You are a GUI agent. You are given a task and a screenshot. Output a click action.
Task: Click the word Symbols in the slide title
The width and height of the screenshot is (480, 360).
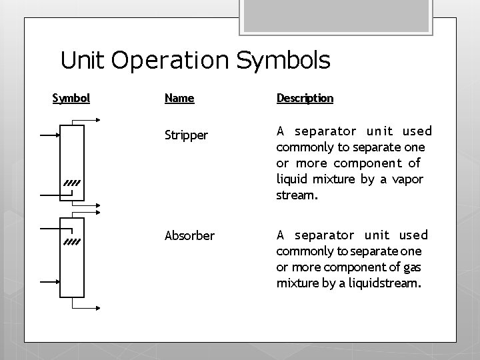coord(283,61)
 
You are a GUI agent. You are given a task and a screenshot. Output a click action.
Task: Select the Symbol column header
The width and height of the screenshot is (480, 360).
coord(71,99)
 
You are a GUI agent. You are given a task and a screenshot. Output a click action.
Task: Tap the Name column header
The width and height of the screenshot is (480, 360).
coord(179,99)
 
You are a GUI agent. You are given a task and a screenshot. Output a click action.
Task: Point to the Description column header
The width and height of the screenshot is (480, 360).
coord(305,99)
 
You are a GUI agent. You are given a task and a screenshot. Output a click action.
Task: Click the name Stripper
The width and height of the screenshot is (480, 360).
coord(186,135)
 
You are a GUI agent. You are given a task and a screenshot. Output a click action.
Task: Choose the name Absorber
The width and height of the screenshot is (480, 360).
coord(189,235)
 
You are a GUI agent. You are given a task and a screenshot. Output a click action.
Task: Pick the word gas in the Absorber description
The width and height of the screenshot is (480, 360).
coord(411,267)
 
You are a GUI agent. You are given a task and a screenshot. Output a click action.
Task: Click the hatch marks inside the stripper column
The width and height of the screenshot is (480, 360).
coord(72,182)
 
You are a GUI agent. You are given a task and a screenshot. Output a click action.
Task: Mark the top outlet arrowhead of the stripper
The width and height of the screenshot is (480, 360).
coord(97,120)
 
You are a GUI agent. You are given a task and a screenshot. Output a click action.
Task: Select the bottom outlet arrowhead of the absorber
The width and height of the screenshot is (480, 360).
coord(97,309)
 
